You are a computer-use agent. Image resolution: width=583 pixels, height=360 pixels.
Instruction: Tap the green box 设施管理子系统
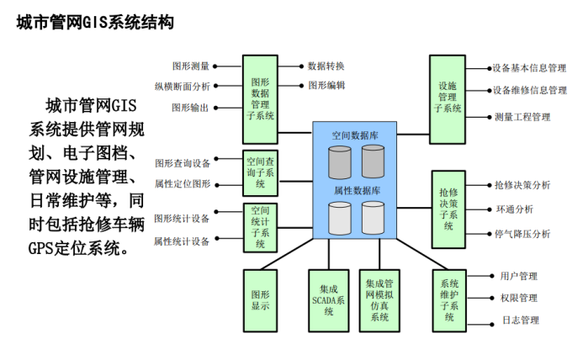click(x=448, y=98)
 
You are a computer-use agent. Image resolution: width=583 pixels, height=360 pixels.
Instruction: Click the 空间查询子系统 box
click(x=260, y=171)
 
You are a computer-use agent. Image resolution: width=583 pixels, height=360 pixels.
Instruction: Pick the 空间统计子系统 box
click(x=261, y=226)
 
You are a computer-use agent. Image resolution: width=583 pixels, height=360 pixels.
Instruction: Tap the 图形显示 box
click(x=260, y=300)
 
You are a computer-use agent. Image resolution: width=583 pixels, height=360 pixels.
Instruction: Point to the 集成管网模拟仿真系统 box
click(x=379, y=300)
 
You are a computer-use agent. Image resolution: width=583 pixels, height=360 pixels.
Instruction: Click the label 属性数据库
click(x=357, y=191)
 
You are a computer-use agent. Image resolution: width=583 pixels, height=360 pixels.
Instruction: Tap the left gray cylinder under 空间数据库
click(x=340, y=162)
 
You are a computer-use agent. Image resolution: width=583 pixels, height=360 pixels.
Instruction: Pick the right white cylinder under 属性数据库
click(x=373, y=218)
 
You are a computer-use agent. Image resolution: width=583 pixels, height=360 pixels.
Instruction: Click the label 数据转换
click(x=326, y=66)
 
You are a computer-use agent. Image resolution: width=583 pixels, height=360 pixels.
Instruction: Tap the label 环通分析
click(x=513, y=209)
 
